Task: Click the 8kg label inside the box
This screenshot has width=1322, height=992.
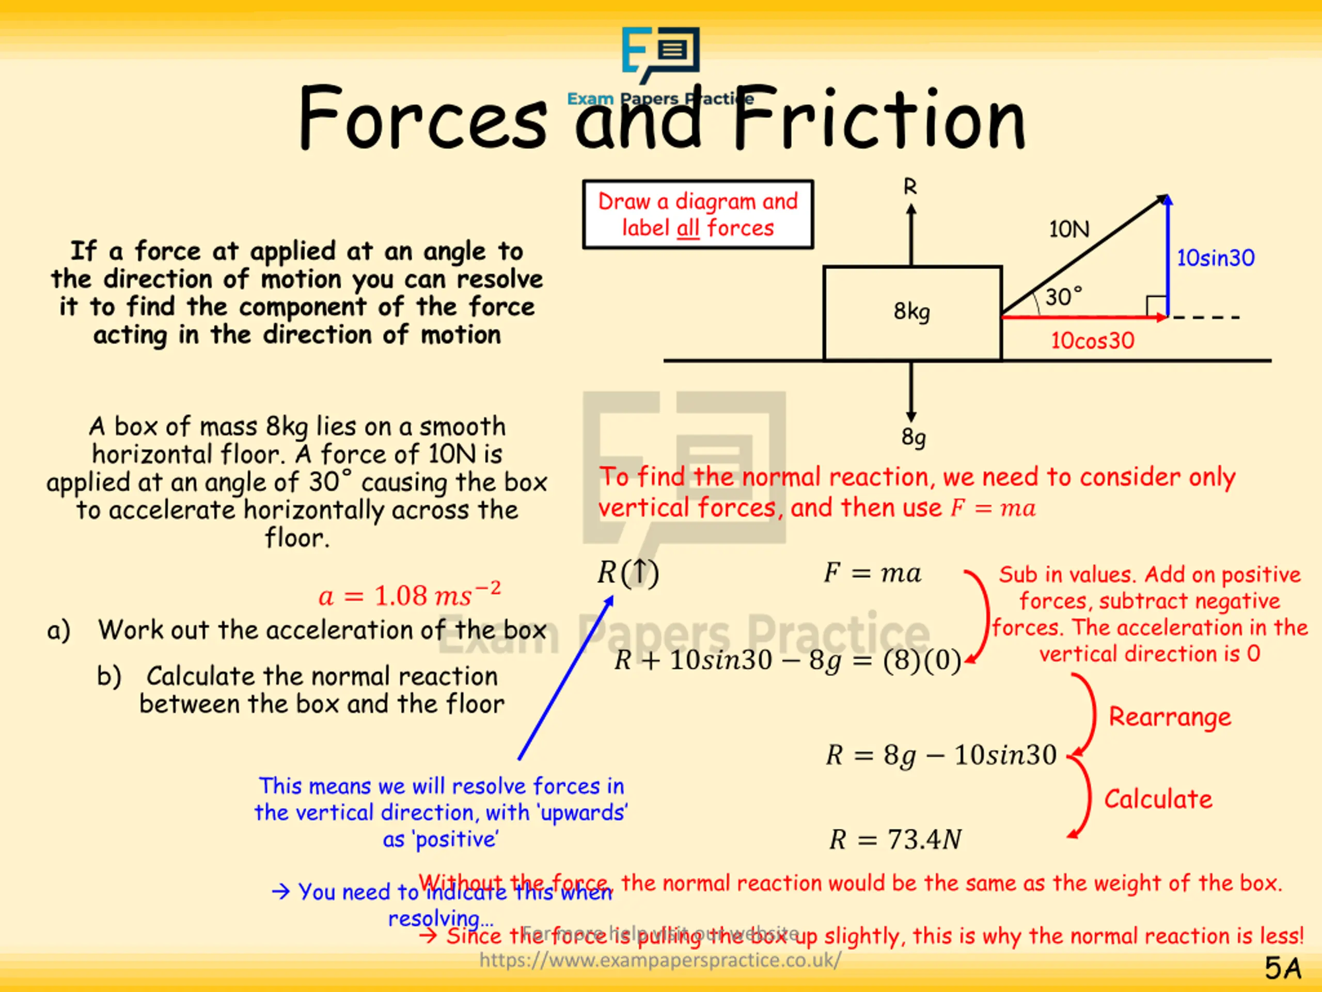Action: point(911,312)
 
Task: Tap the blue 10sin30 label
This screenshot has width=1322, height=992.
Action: point(1215,258)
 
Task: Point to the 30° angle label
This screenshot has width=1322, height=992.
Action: point(1063,297)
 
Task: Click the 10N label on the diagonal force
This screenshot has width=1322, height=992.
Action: point(1069,229)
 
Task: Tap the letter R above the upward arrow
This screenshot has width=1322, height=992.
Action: point(909,187)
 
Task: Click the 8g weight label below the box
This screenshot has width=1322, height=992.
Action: point(913,437)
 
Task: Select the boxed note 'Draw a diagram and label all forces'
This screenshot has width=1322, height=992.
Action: point(698,214)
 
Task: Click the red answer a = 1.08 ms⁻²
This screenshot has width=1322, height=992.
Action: point(410,595)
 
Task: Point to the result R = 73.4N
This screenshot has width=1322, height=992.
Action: point(895,840)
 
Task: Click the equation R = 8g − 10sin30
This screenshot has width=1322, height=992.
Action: point(941,755)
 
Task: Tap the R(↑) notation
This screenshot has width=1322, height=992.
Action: point(627,573)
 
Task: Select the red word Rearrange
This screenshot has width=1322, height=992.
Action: point(1170,716)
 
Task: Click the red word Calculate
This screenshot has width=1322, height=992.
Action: point(1158,799)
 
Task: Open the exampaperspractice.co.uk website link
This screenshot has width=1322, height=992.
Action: point(660,960)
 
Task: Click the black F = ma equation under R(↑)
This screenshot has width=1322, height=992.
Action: point(872,573)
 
